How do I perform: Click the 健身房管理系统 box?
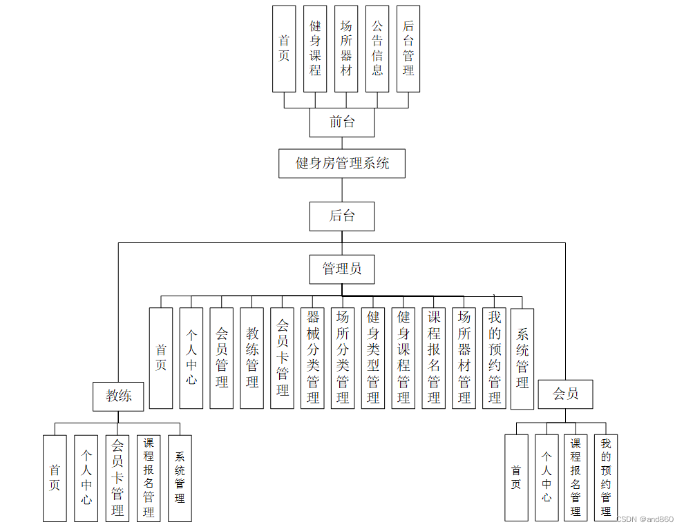coord(342,164)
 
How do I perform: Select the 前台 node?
coord(342,122)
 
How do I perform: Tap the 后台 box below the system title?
coord(342,216)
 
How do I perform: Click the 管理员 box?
coord(342,269)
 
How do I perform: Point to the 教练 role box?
coord(118,396)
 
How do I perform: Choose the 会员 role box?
coord(565,394)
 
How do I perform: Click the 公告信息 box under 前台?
coord(377,49)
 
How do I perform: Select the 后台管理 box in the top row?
coord(408,49)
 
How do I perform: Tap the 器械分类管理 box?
coord(313,358)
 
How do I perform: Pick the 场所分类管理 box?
coord(343,358)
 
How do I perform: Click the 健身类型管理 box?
coord(373,358)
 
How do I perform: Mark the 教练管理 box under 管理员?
coord(252,358)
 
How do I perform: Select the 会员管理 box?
coord(222,358)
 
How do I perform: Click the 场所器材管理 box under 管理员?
coord(464,358)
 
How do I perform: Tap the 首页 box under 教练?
coord(55,478)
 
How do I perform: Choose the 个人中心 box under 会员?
coord(547,477)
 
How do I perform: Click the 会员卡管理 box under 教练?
coord(117,478)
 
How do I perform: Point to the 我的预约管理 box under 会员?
coord(606,477)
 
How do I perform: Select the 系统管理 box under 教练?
coord(180,478)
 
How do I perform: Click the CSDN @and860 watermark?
coord(644,519)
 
